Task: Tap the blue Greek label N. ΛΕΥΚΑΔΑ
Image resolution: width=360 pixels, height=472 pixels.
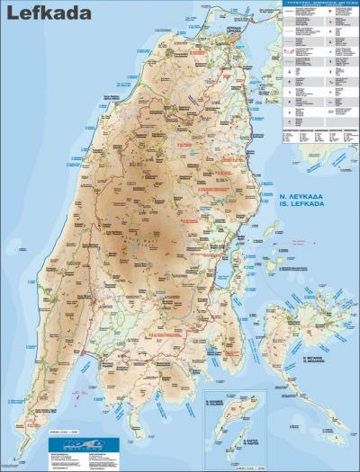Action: click(x=305, y=194)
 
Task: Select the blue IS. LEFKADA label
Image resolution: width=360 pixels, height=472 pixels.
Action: click(x=305, y=204)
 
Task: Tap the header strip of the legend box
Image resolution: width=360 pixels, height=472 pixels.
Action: click(x=319, y=4)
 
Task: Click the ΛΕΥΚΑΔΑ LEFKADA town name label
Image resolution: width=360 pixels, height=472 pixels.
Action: click(x=234, y=30)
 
